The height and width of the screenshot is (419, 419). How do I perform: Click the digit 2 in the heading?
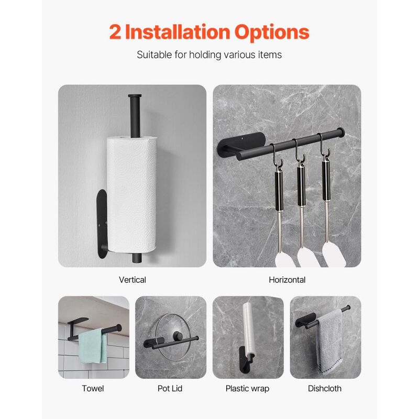(x=116, y=32)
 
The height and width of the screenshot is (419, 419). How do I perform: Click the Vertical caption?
(x=133, y=280)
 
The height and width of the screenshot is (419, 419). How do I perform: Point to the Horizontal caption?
(x=287, y=280)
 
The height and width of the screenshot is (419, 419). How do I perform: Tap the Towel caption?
(x=93, y=388)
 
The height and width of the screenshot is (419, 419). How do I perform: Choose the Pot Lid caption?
(x=170, y=388)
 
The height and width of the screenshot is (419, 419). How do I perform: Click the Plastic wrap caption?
(x=247, y=388)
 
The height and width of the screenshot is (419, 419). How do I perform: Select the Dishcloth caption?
(x=325, y=388)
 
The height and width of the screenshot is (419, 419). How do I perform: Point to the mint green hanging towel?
(x=93, y=346)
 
